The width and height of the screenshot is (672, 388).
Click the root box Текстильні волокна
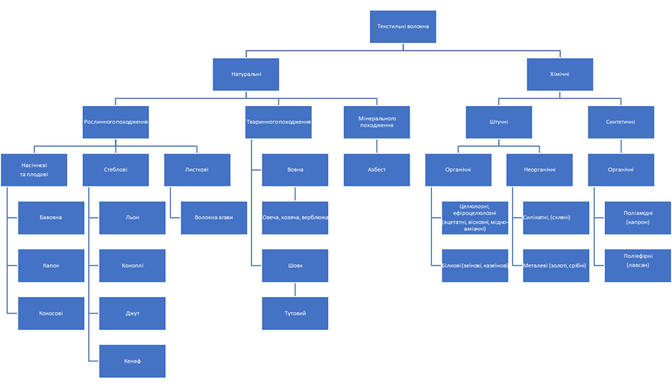(x=403, y=27)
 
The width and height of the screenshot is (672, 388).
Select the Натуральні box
(x=246, y=75)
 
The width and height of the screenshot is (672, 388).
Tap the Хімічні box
(x=559, y=75)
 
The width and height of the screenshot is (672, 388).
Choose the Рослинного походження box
(x=116, y=122)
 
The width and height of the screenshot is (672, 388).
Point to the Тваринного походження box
(x=278, y=122)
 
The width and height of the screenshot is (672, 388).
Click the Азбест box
(x=377, y=169)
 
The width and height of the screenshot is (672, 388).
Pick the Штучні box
(x=499, y=122)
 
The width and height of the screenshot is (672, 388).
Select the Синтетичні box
(x=621, y=122)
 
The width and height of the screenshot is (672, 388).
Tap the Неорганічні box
(x=539, y=169)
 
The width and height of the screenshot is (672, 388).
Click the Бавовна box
(x=51, y=217)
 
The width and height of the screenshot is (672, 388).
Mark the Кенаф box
(x=132, y=361)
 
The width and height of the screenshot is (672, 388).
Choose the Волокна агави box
(x=214, y=217)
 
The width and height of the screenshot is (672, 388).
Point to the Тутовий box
(x=295, y=313)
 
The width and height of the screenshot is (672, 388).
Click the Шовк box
(x=295, y=266)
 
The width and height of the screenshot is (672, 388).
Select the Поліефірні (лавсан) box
(x=637, y=266)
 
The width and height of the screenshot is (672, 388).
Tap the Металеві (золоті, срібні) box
(x=556, y=266)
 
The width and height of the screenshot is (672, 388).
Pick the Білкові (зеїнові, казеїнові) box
(x=475, y=266)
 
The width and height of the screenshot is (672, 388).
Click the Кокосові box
(x=51, y=313)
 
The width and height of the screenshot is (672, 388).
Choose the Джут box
(x=132, y=313)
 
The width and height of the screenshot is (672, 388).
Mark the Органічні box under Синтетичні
(x=621, y=169)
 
